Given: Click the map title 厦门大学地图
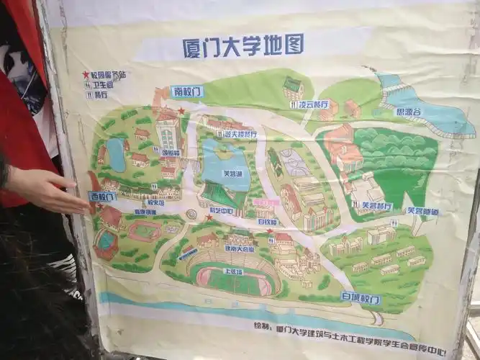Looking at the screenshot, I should [243, 45].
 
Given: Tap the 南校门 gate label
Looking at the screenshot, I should [186, 92].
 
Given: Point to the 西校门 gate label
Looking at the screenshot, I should [102, 197].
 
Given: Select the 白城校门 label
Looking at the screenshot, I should [359, 298].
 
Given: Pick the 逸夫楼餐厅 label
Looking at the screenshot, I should [240, 134].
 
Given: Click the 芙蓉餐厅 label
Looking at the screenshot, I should [376, 207].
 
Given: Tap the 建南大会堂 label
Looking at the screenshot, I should [239, 248].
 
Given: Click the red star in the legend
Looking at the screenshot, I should [86, 74].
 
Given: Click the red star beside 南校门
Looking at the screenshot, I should [182, 112].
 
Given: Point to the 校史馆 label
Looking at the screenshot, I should [155, 202].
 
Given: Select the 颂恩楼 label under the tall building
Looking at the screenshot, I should [171, 152].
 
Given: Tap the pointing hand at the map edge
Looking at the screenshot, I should [47, 189].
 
